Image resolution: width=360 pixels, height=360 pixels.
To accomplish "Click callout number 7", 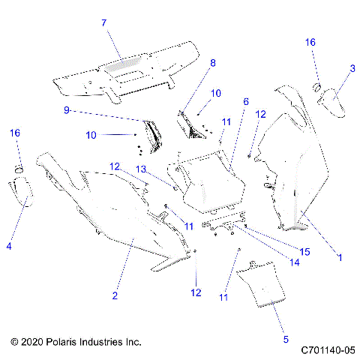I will tap(104, 22).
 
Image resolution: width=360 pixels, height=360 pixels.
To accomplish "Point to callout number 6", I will tap(245, 101).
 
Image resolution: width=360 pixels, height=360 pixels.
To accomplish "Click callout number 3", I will tap(352, 68).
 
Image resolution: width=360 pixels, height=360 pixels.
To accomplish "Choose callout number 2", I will tap(115, 296).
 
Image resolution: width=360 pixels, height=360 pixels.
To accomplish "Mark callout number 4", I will tap(9, 244).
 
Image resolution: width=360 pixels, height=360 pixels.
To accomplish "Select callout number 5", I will tap(286, 339).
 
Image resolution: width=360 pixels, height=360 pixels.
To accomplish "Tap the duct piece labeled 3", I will tap(332, 103).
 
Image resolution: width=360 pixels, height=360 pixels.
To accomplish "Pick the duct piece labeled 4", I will tap(22, 191).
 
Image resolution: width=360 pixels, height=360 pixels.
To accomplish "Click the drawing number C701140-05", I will tap(328, 349).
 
